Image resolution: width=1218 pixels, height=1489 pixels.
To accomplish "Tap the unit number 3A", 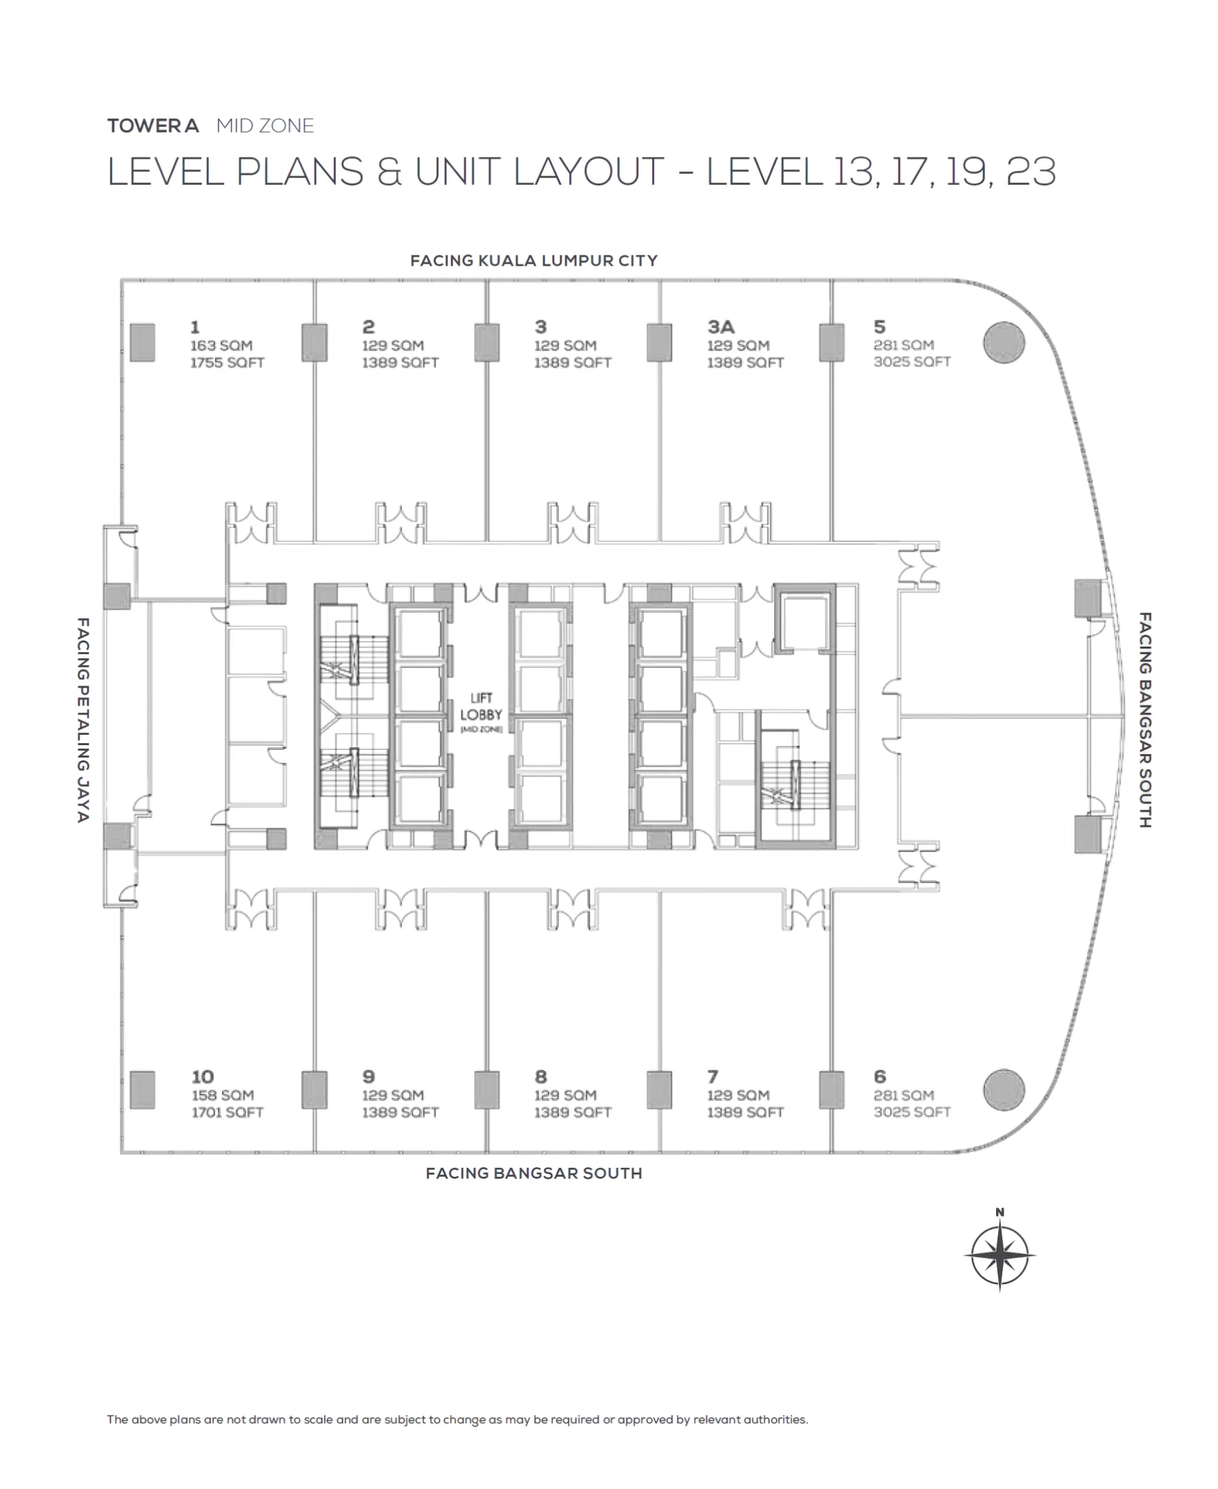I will click(721, 327).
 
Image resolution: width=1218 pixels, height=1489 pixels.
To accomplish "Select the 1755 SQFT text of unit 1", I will click(227, 362).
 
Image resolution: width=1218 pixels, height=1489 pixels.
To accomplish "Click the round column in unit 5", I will click(1004, 342).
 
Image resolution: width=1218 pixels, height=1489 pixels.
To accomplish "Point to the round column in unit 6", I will click(1004, 1089).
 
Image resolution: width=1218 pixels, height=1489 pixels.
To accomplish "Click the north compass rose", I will click(999, 1255).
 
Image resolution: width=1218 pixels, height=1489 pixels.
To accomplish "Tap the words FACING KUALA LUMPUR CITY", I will click(533, 261).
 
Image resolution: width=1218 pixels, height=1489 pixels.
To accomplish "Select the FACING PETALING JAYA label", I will click(83, 720).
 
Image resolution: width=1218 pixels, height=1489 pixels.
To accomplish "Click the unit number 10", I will click(202, 1077).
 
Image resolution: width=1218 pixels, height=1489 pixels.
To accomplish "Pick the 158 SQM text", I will click(223, 1094).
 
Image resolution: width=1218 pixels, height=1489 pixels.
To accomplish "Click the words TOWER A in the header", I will click(153, 125).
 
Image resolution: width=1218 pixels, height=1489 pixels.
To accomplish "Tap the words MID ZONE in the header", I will click(265, 125).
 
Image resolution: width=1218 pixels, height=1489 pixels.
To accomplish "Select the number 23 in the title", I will click(1031, 172).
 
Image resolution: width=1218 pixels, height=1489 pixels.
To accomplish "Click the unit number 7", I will click(712, 1077).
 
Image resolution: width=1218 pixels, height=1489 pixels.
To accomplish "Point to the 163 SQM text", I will click(221, 345).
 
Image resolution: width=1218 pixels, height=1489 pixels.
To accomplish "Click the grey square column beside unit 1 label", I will click(142, 342).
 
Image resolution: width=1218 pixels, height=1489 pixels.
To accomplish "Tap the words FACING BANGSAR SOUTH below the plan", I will click(533, 1173).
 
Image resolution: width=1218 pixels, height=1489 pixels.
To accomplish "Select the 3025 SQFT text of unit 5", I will click(911, 362).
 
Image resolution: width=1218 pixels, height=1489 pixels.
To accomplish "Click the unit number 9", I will click(369, 1077).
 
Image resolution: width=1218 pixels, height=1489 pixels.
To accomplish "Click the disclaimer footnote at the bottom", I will click(457, 1420).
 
